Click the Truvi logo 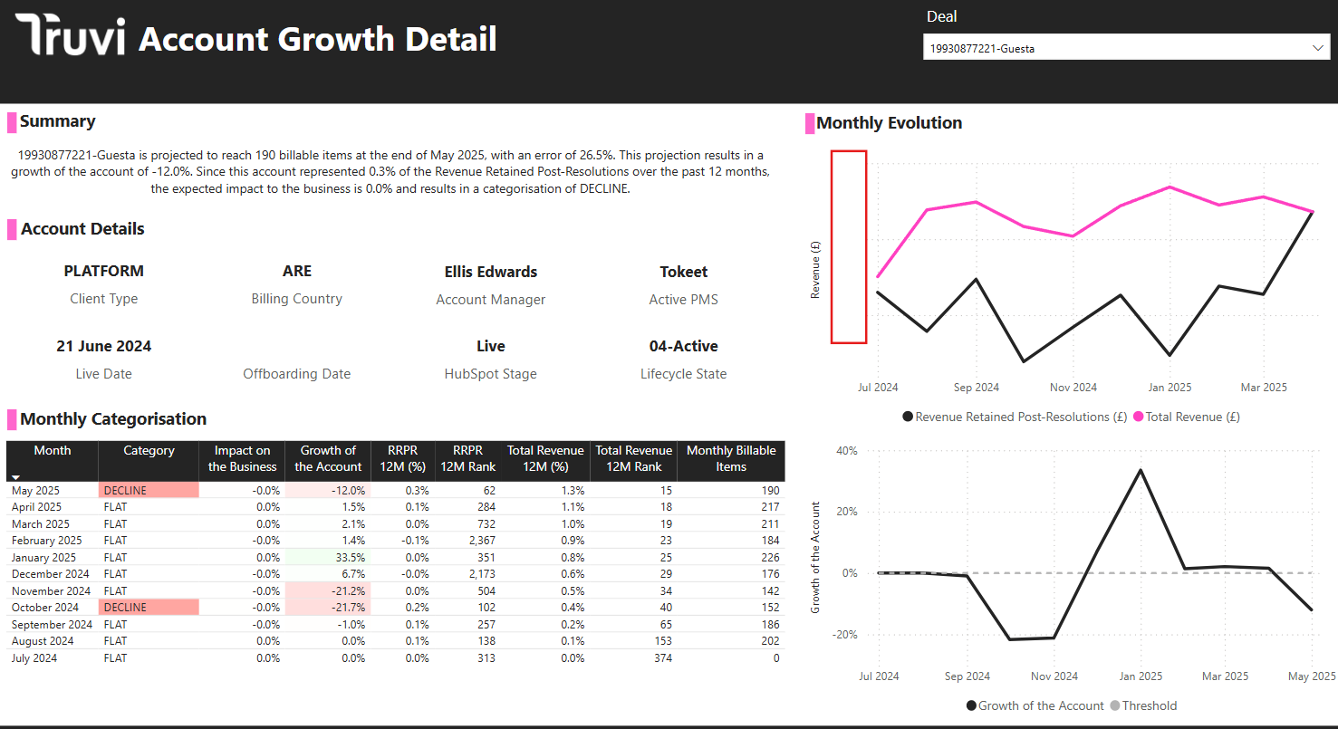pos(70,37)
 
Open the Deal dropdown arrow pos(1317,48)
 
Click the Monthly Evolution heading pos(889,123)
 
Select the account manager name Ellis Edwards pos(490,272)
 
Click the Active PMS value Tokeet pos(683,272)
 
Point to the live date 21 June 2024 pos(103,346)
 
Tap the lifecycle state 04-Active pos(683,346)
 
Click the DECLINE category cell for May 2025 pos(148,490)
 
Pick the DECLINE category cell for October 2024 pos(148,608)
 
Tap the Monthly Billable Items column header pos(730,459)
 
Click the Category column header pos(149,451)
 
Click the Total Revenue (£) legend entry pos(1192,417)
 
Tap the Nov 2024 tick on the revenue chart pos(1073,388)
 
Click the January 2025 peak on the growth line pos(1140,470)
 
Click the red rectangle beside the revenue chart pos(849,247)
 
